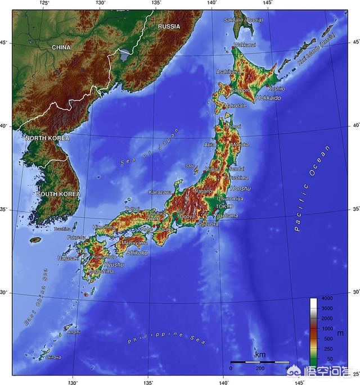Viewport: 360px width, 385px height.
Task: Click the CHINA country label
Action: click(x=61, y=48)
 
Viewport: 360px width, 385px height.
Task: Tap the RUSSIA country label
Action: click(x=169, y=26)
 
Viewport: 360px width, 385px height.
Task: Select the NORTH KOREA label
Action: click(x=47, y=138)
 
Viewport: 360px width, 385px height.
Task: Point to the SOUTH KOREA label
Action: click(x=58, y=194)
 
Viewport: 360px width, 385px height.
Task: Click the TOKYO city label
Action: click(x=224, y=206)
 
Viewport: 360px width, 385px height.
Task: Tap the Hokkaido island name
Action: click(x=268, y=98)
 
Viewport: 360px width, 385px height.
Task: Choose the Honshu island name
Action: click(x=241, y=188)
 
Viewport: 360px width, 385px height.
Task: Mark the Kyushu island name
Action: click(x=114, y=264)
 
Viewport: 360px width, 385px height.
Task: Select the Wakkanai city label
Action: click(x=245, y=44)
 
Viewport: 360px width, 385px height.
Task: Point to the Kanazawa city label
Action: click(x=160, y=192)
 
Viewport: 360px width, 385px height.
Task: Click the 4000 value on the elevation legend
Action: click(x=326, y=298)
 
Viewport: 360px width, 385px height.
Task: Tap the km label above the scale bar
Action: click(x=260, y=355)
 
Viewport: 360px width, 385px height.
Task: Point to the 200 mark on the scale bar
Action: click(x=260, y=368)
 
